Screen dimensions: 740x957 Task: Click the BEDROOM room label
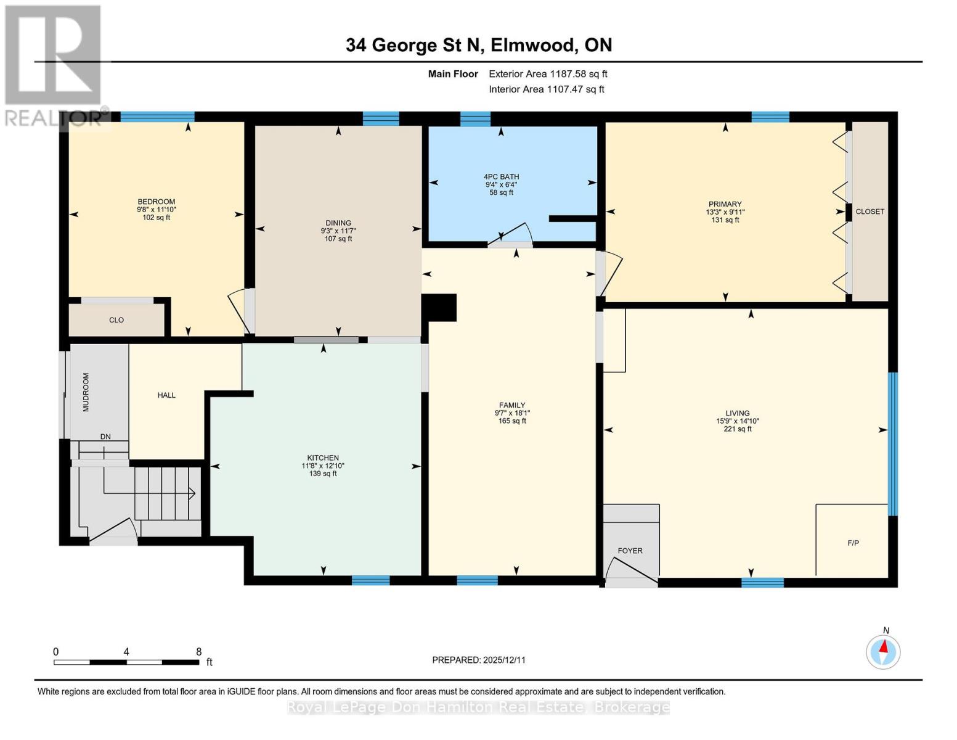pyautogui.click(x=156, y=202)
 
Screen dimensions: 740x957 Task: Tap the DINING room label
pyautogui.click(x=338, y=223)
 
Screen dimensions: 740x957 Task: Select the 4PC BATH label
pyautogui.click(x=501, y=177)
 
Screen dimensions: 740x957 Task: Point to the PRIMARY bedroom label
pyautogui.click(x=725, y=204)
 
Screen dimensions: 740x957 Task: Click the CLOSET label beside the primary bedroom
pyautogui.click(x=869, y=212)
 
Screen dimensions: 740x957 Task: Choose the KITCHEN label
pyautogui.click(x=324, y=458)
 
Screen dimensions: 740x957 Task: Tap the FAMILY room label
pyautogui.click(x=512, y=405)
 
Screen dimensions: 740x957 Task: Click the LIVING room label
pyautogui.click(x=737, y=413)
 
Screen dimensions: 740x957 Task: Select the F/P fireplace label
pyautogui.click(x=853, y=543)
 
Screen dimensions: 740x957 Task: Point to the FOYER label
pyautogui.click(x=630, y=551)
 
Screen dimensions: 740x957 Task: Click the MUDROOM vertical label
pyautogui.click(x=86, y=392)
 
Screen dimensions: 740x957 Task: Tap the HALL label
pyautogui.click(x=166, y=395)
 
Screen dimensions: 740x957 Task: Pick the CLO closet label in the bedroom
pyautogui.click(x=116, y=320)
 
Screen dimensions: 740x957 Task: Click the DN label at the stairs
pyautogui.click(x=105, y=437)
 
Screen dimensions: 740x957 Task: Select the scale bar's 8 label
pyautogui.click(x=198, y=652)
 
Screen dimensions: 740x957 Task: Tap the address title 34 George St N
pyautogui.click(x=478, y=45)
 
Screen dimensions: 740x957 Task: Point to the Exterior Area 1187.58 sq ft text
pyautogui.click(x=548, y=74)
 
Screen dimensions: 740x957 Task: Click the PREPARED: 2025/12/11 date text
pyautogui.click(x=479, y=660)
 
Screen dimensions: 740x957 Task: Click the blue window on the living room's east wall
pyautogui.click(x=892, y=443)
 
